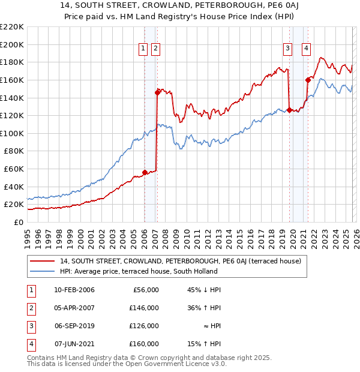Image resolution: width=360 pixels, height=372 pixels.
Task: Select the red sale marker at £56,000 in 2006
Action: pos(145,172)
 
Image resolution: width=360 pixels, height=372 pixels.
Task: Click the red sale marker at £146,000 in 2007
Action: pos(157,92)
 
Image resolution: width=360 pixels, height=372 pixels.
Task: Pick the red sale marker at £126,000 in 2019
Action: pos(289,110)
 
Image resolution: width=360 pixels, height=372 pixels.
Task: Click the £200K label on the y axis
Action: pos(12,44)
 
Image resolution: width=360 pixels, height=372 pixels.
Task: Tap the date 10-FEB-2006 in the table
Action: pos(74,290)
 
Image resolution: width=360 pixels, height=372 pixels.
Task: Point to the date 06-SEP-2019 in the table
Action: pos(74,326)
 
